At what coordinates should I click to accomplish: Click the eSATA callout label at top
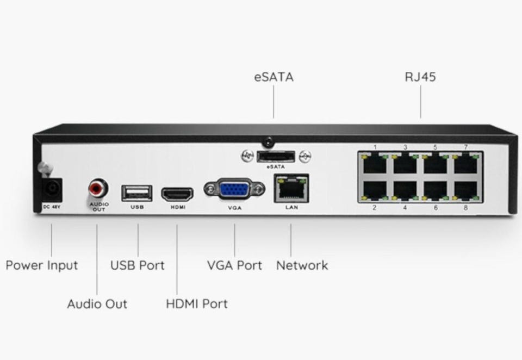pos(274,77)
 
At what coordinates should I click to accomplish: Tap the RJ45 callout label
pos(420,77)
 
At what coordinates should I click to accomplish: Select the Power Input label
pos(42,266)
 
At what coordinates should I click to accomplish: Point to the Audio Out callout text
pos(97,304)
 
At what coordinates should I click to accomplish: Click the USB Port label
pos(138,266)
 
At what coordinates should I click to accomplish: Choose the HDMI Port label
pos(196,304)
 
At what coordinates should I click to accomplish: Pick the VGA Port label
pos(234,266)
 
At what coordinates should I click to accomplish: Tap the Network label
pos(302,266)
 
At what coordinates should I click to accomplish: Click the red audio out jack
pos(98,189)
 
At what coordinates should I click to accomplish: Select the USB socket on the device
pos(137,192)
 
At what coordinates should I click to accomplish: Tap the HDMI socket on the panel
pos(177,194)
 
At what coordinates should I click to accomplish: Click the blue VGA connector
pos(234,189)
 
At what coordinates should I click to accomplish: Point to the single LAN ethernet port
pos(291,188)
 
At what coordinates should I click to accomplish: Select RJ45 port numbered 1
pos(375,163)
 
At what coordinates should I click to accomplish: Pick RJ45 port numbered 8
pos(465,190)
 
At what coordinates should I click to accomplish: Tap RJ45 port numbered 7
pos(465,163)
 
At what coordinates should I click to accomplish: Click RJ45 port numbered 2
pos(375,190)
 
